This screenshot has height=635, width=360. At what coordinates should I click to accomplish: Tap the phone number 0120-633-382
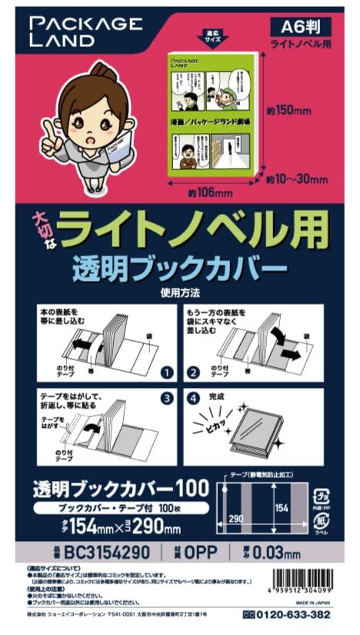[x=295, y=614]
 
